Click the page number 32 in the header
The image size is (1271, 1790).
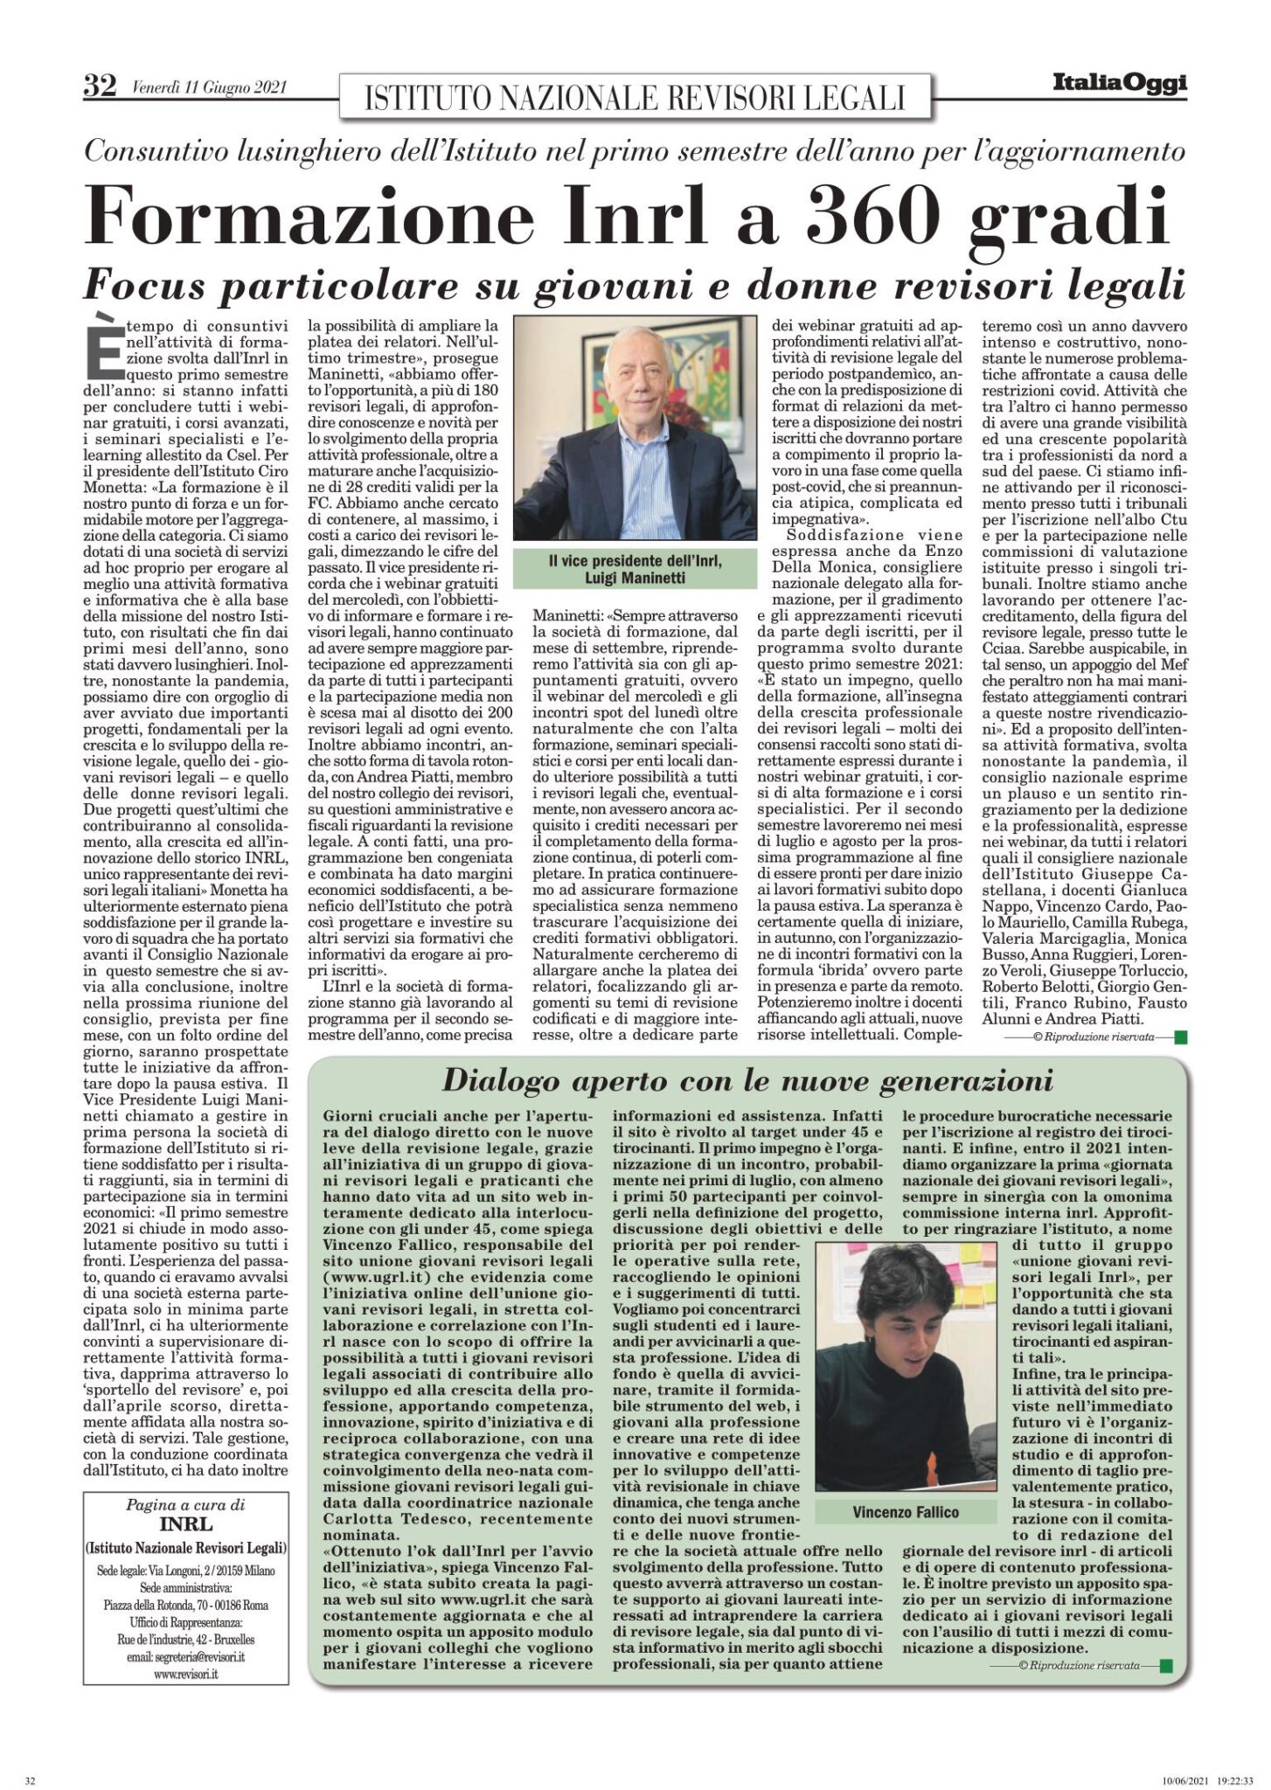99,86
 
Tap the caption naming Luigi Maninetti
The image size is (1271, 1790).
634,571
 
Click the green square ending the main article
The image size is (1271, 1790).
1180,1037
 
